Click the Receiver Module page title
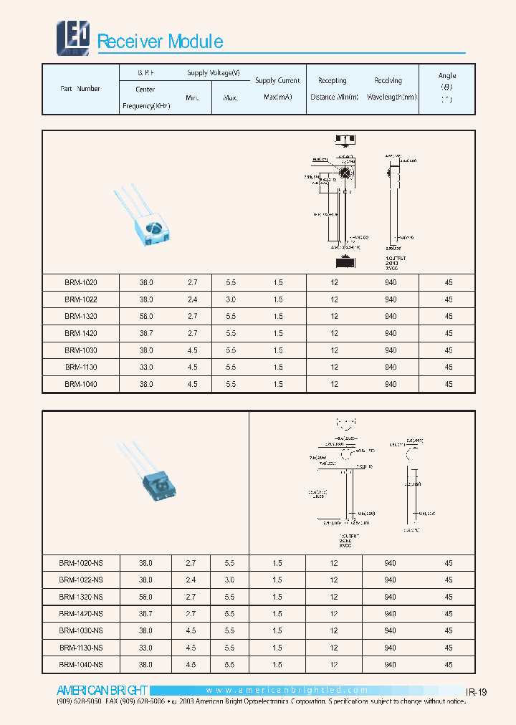click(160, 42)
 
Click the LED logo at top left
click(72, 37)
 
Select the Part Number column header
click(80, 89)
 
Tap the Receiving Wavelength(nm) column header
click(390, 89)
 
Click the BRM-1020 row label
click(80, 282)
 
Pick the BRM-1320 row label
click(80, 316)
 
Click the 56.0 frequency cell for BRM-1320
click(146, 316)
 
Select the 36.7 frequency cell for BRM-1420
click(146, 333)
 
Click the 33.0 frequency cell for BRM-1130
click(146, 367)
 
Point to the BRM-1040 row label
click(80, 384)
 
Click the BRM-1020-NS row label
click(80, 563)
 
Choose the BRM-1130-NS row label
click(80, 648)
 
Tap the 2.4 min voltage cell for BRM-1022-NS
click(192, 580)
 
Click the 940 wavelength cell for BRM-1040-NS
click(390, 665)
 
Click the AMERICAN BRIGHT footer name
click(92, 691)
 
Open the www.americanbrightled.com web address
click(287, 691)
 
